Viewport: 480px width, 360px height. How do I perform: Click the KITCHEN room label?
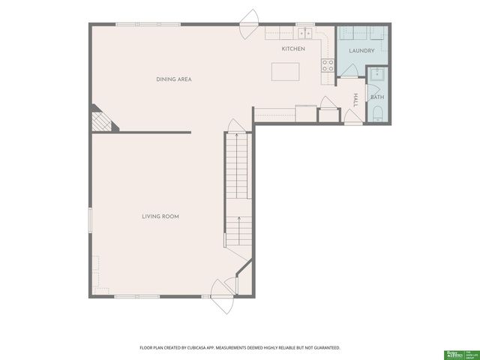[x=293, y=49]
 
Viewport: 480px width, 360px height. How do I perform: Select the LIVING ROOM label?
[x=160, y=217]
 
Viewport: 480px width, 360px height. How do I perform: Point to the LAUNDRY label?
[x=361, y=51]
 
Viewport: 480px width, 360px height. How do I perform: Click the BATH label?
[x=376, y=97]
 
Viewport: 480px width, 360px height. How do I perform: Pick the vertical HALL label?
[x=355, y=99]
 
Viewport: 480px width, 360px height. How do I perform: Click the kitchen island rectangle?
[x=283, y=72]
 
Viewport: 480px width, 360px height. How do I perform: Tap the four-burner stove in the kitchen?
[x=328, y=65]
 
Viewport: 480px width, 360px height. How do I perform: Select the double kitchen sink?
[x=304, y=33]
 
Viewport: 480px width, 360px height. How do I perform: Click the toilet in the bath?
[x=376, y=114]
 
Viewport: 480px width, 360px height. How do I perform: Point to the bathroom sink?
[x=377, y=74]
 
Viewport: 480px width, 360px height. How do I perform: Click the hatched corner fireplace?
[x=100, y=121]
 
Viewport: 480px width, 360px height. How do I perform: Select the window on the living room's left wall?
[x=91, y=220]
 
